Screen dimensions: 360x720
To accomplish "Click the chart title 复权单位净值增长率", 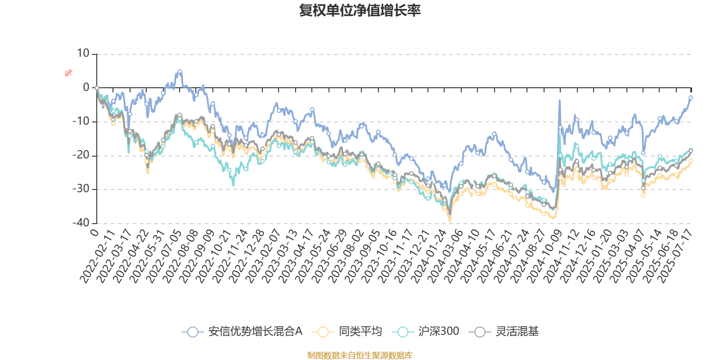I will tap(360, 10).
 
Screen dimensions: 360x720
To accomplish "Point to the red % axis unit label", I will tap(68, 72).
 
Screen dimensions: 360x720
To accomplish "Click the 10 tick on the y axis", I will tap(83, 54).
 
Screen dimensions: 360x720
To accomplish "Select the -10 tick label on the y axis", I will tap(81, 121).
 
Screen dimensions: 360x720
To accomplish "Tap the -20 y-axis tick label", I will tap(81, 155).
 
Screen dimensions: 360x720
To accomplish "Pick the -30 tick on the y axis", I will tap(81, 189).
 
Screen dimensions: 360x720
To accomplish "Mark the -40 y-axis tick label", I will tap(81, 223).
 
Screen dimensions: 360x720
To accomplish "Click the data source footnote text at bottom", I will tap(360, 355).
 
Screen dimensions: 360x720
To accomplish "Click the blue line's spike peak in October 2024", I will tap(560, 100).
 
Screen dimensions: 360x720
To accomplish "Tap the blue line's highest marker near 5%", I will tap(180, 71).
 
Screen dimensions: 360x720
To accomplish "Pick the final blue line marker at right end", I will tap(691, 97).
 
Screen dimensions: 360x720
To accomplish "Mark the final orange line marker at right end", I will tap(691, 160).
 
